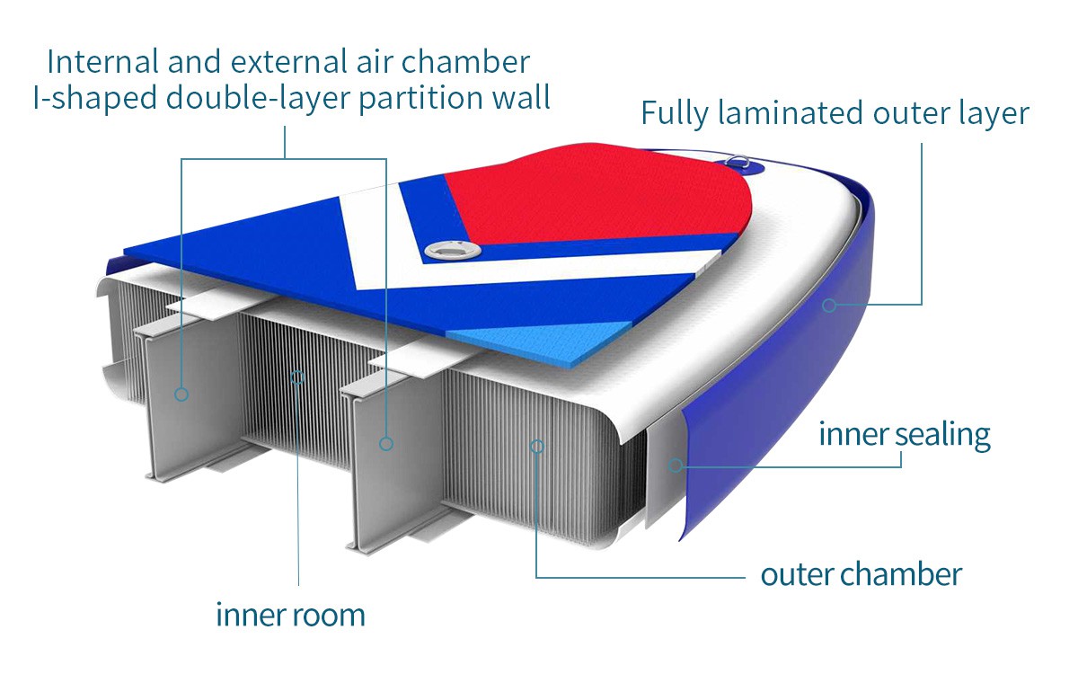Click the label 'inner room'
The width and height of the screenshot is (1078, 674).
tap(290, 616)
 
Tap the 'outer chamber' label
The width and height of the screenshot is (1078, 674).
tap(861, 574)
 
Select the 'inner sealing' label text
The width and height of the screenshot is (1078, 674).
tap(904, 435)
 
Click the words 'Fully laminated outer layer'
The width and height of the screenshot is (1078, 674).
tap(834, 114)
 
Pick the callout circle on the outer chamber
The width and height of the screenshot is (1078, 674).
tap(536, 445)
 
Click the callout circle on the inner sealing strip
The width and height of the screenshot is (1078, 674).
tap(676, 465)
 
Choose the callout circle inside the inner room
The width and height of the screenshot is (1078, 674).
tap(298, 376)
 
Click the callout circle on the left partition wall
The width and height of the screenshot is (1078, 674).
tap(181, 394)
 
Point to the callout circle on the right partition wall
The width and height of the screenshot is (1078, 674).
tap(386, 443)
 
